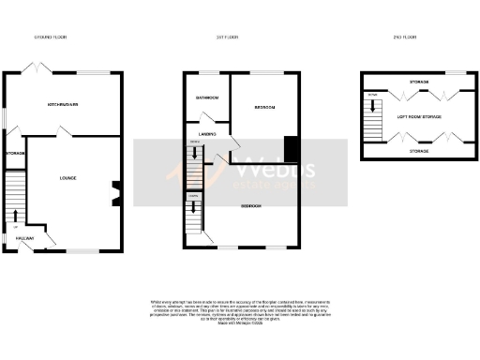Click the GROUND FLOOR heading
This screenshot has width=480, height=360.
click(x=51, y=37)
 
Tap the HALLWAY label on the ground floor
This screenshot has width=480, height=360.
click(x=24, y=239)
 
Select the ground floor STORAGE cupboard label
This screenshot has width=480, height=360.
click(x=14, y=152)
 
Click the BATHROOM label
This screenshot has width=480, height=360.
click(x=206, y=97)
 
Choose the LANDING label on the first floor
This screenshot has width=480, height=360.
click(x=208, y=135)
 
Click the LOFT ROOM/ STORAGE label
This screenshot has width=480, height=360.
click(x=418, y=116)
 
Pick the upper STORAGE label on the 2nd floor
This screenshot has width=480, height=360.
click(x=419, y=82)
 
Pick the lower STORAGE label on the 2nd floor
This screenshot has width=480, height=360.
click(x=419, y=151)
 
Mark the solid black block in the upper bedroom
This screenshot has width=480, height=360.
click(x=292, y=149)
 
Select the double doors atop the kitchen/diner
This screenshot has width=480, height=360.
click(x=35, y=70)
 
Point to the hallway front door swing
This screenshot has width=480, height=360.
click(x=46, y=242)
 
